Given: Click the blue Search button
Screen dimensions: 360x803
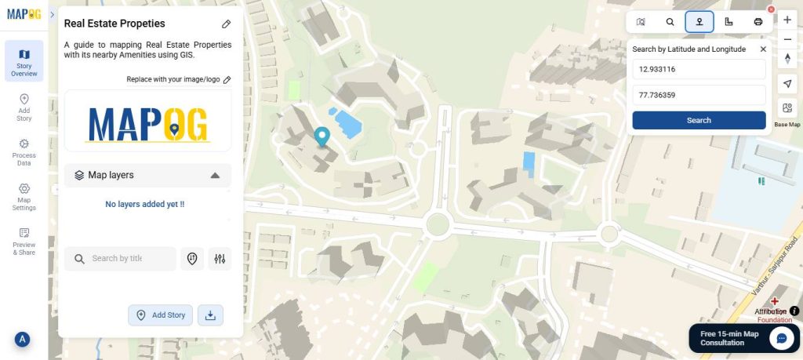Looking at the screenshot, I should [699, 120].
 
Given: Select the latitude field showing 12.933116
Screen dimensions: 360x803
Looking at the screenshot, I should [699, 69].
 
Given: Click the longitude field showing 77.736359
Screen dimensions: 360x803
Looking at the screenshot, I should [699, 95].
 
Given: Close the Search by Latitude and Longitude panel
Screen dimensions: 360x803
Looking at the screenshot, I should [763, 49].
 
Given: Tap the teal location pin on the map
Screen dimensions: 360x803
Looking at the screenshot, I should [322, 137].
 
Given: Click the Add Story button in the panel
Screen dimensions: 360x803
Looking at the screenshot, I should [161, 315].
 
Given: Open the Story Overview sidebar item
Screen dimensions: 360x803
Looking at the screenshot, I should [24, 61].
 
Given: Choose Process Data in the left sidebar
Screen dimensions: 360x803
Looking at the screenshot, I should [24, 152].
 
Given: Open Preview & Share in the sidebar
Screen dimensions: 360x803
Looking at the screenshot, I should [24, 242].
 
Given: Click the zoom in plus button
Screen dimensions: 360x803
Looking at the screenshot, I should [787, 20].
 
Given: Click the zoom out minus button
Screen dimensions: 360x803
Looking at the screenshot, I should [787, 39].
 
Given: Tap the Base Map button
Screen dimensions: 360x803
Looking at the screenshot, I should [787, 110].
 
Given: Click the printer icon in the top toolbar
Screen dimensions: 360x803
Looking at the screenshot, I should [758, 22].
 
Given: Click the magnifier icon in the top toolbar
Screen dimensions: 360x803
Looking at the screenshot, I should [670, 22].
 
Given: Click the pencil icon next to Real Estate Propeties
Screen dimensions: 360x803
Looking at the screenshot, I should [226, 24].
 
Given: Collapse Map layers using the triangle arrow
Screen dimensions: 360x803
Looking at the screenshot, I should [215, 176].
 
